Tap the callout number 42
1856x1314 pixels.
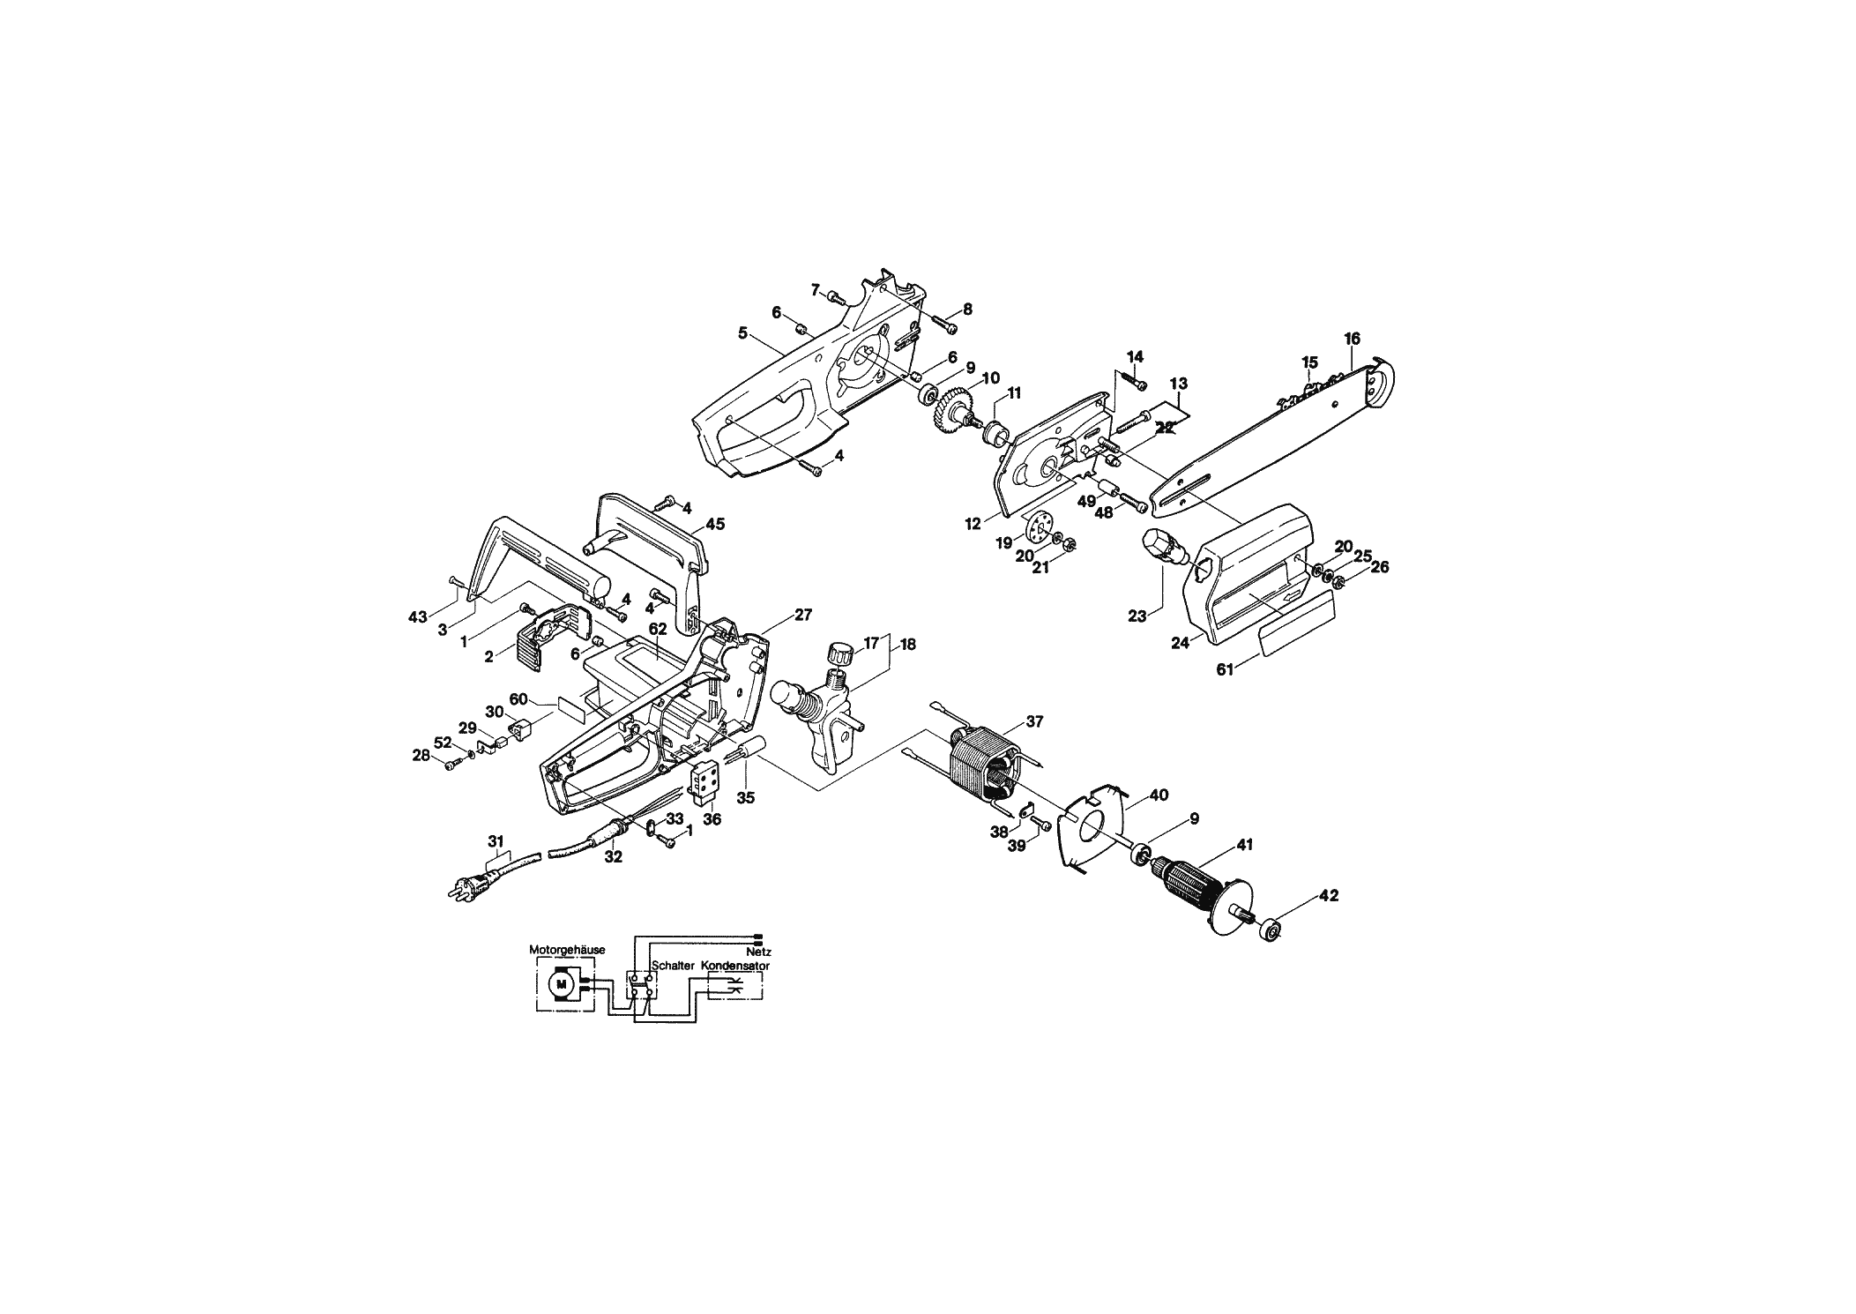click(x=1329, y=896)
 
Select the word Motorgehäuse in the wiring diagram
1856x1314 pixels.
click(x=567, y=950)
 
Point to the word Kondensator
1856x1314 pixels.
click(x=736, y=966)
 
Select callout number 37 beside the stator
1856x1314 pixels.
click(x=1034, y=721)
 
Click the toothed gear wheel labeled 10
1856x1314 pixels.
click(x=951, y=413)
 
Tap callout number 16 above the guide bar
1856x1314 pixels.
click(x=1352, y=339)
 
